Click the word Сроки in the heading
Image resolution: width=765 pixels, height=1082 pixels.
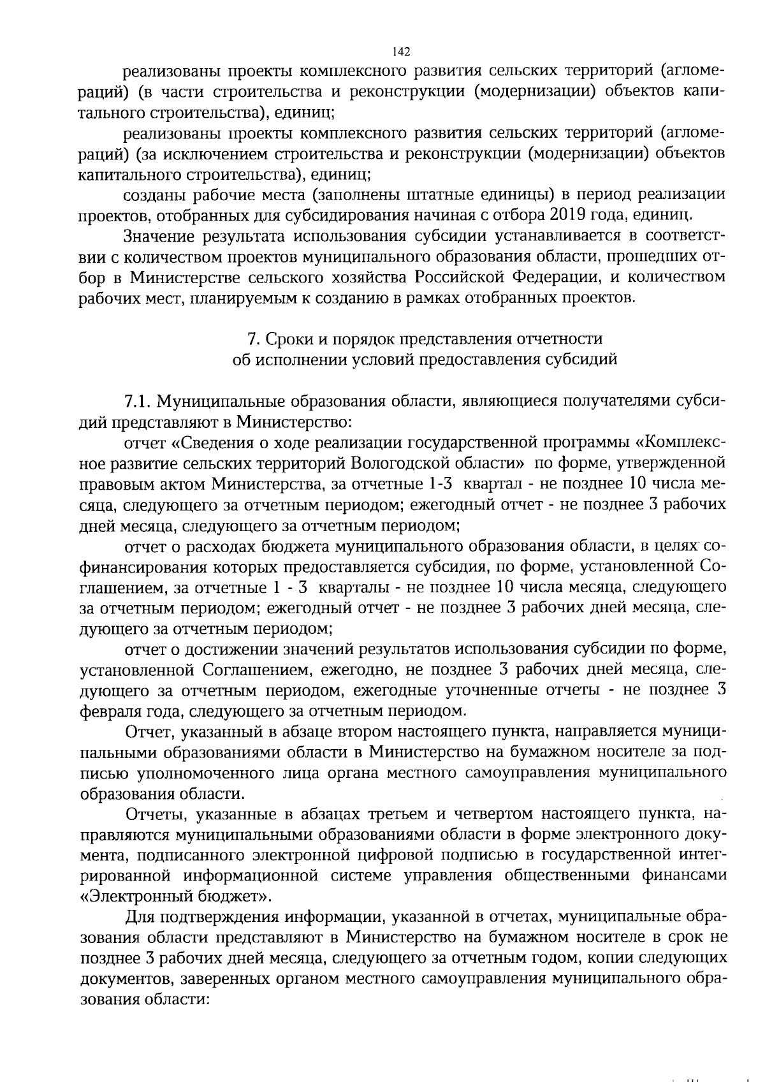286,338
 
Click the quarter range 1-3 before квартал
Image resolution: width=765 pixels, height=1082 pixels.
439,483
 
